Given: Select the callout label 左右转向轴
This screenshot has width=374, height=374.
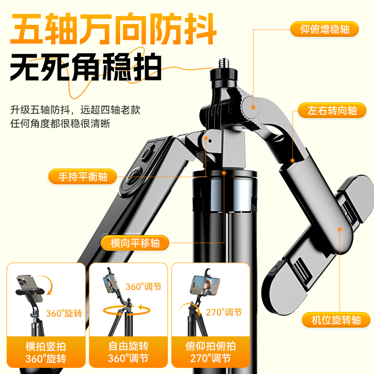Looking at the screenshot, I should tap(332, 111).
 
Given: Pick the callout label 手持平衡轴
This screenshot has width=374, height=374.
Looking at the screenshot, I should tap(83, 177).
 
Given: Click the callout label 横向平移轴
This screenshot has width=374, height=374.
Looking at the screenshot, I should tap(135, 243).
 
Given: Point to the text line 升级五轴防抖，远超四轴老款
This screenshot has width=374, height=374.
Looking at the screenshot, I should tap(75, 110).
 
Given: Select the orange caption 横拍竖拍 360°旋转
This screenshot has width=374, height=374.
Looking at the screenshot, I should tap(46, 352).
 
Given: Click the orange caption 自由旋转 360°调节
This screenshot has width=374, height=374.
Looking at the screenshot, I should tap(128, 352).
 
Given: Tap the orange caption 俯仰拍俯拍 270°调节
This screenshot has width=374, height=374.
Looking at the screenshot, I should tap(209, 352).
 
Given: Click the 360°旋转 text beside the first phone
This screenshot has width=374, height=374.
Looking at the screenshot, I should tap(64, 313).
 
